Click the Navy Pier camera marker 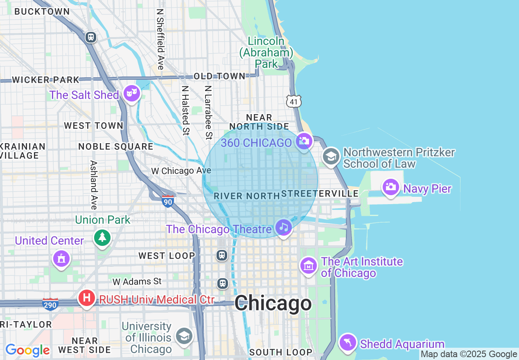[x=390, y=187]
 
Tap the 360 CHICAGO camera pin [x=304, y=142]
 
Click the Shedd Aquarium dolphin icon [x=348, y=342]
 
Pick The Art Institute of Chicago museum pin [x=309, y=266]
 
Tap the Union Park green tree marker [x=102, y=237]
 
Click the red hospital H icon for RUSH [x=87, y=297]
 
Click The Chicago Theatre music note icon [x=283, y=227]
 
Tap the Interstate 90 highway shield [x=168, y=201]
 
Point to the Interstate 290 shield [x=50, y=304]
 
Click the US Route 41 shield [x=294, y=101]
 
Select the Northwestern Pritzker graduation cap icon [x=331, y=156]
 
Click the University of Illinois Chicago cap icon [x=184, y=336]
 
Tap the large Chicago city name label [x=273, y=304]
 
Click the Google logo [x=27, y=350]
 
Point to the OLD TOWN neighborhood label [x=219, y=76]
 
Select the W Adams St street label [x=137, y=281]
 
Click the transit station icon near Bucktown [x=91, y=37]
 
